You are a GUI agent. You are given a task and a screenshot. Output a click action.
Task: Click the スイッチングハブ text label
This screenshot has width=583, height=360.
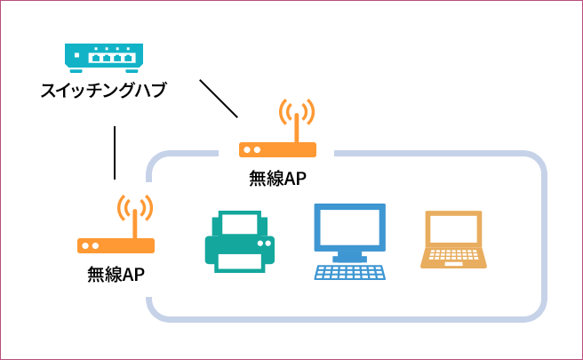[103, 91]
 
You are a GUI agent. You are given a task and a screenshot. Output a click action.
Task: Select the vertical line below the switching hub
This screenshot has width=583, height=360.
[116, 153]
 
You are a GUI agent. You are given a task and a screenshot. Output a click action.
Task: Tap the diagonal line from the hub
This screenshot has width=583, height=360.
[220, 99]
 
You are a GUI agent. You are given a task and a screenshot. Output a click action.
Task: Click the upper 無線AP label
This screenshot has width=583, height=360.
[278, 178]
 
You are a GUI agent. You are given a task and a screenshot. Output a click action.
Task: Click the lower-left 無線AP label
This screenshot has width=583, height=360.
[116, 275]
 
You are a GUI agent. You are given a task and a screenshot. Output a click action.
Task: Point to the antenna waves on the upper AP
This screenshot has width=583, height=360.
[297, 112]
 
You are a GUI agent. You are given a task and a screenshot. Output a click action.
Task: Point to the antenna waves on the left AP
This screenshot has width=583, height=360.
[135, 208]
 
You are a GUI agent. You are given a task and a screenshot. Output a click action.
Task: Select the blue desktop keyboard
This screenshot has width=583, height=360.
[350, 272]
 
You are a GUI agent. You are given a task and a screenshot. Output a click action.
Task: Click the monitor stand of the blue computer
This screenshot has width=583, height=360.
[350, 255]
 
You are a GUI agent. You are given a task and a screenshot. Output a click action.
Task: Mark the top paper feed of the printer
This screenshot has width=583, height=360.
[237, 220]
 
